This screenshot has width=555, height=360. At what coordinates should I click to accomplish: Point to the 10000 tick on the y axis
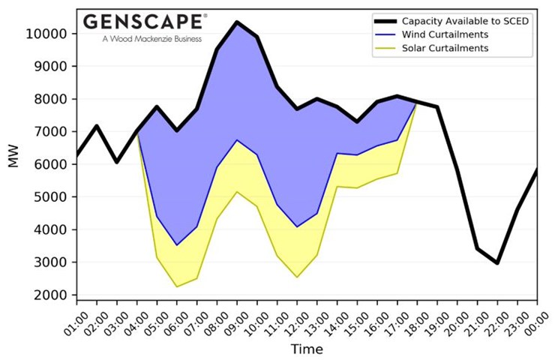coord(49,34)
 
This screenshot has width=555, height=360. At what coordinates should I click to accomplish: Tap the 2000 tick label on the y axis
coord(52,295)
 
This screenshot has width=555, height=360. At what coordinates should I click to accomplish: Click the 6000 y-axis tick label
coord(52,164)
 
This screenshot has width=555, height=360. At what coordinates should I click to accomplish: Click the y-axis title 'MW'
coord(14,157)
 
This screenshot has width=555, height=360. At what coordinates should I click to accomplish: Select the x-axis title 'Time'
coord(307,349)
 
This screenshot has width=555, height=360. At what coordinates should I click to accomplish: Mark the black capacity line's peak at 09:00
coord(237,22)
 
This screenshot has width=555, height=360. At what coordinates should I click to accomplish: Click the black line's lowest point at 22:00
coord(497,263)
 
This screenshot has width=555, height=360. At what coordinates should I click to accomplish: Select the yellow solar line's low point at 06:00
coord(177,286)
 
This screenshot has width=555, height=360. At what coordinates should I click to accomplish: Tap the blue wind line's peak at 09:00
coord(237,140)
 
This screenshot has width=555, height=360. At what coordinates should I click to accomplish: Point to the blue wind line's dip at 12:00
coord(297,226)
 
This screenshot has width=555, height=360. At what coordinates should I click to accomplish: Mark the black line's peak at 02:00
coord(97,125)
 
